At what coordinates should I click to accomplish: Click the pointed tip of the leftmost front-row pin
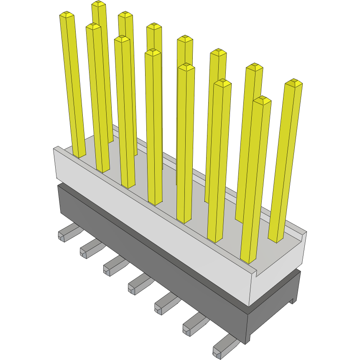point(67,15)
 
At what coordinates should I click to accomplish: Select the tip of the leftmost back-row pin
point(99,4)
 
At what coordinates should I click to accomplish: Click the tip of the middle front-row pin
point(153,52)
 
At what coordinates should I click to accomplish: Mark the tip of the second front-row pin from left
point(93,26)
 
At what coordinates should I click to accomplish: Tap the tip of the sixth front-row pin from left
point(222,83)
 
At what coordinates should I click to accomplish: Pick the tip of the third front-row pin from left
point(122,38)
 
